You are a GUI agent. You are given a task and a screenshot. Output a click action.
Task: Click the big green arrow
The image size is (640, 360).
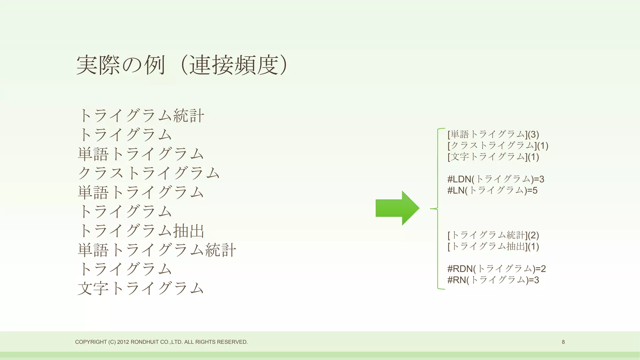click(397, 208)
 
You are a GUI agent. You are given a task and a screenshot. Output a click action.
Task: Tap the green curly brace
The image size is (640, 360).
click(437, 208)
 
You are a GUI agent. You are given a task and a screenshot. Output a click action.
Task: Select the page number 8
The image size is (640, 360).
click(563, 342)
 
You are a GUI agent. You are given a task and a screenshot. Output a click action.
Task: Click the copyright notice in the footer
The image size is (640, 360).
click(161, 342)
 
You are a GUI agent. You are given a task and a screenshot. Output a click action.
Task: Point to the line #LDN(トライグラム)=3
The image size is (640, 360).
click(496, 179)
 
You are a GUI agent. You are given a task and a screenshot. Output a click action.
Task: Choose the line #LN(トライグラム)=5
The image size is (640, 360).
click(492, 190)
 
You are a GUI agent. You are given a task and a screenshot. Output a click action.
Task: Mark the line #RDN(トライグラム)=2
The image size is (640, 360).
click(496, 268)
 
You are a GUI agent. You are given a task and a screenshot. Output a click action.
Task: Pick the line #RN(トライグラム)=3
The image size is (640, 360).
click(493, 280)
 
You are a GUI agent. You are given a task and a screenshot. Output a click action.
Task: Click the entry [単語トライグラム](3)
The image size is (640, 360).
click(493, 134)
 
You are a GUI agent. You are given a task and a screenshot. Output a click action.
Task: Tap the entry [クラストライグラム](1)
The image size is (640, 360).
click(498, 146)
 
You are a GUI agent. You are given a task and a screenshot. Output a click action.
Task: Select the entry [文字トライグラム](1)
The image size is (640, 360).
click(493, 157)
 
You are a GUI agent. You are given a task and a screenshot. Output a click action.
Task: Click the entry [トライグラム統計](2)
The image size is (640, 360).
click(493, 235)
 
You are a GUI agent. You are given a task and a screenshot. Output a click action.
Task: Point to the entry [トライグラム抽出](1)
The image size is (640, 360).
click(493, 246)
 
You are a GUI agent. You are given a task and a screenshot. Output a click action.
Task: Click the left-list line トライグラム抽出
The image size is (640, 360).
click(141, 231)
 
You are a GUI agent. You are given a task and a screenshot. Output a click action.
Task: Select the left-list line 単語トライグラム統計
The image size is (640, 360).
click(157, 250)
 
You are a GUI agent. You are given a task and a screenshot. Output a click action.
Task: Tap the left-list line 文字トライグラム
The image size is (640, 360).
click(141, 288)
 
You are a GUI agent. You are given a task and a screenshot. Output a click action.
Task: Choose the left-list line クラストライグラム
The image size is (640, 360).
click(149, 173)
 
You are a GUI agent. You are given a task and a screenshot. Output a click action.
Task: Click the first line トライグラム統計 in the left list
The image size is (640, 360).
click(141, 116)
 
